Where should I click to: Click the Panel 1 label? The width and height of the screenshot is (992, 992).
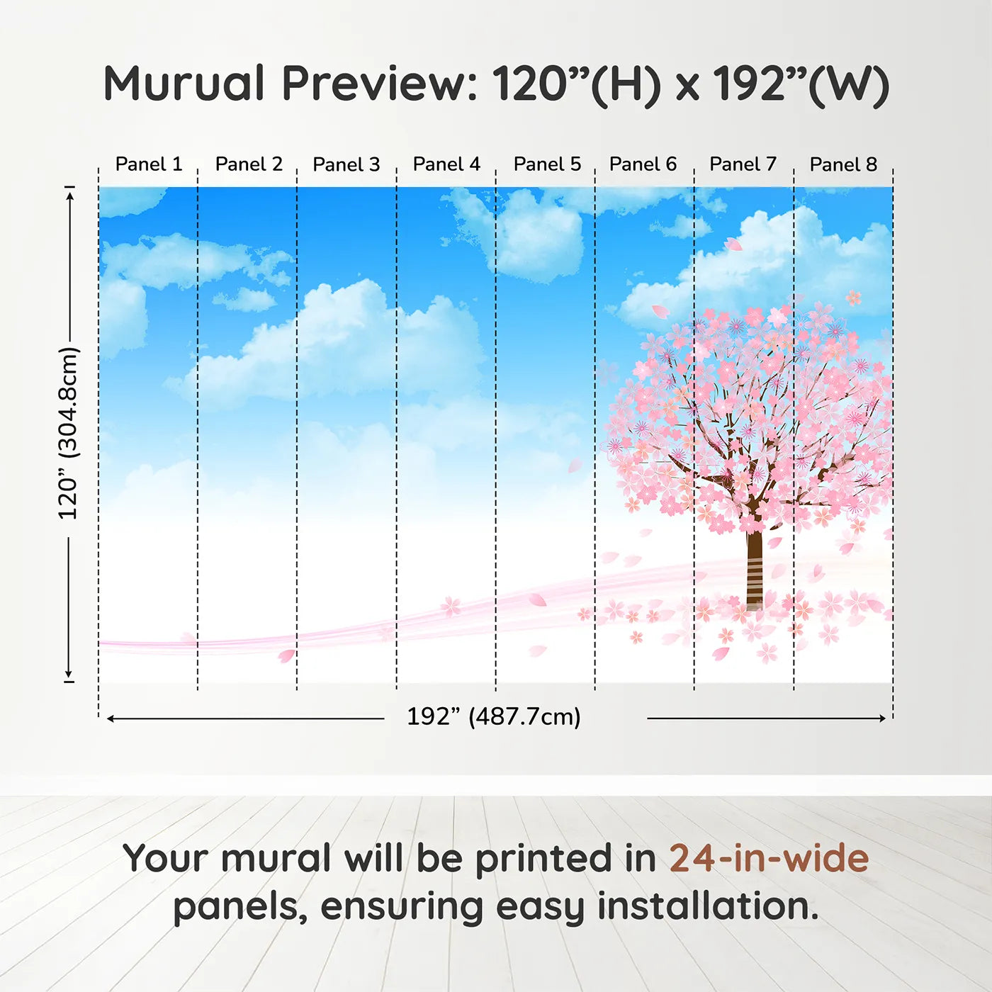click(149, 164)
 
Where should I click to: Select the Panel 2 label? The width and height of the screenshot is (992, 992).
click(249, 164)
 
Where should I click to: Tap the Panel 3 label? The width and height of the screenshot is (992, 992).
click(346, 164)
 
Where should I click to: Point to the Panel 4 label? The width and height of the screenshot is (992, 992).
click(446, 164)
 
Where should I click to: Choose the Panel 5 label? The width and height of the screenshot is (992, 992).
click(547, 164)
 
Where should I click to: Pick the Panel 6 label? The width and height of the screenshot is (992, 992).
click(643, 164)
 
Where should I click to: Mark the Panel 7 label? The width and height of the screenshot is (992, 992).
click(743, 164)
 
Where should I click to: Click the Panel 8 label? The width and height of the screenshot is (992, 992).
click(843, 164)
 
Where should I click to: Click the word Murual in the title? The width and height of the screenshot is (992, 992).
click(184, 84)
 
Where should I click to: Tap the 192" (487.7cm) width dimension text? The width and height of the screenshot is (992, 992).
click(493, 717)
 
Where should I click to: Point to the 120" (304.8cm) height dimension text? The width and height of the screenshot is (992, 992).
click(69, 434)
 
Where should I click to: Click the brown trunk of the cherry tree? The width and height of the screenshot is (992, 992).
click(754, 567)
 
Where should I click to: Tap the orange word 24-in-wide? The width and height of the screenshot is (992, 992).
click(769, 858)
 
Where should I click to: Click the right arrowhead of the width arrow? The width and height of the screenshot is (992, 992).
click(882, 718)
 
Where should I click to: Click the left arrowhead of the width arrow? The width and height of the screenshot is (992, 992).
click(111, 718)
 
